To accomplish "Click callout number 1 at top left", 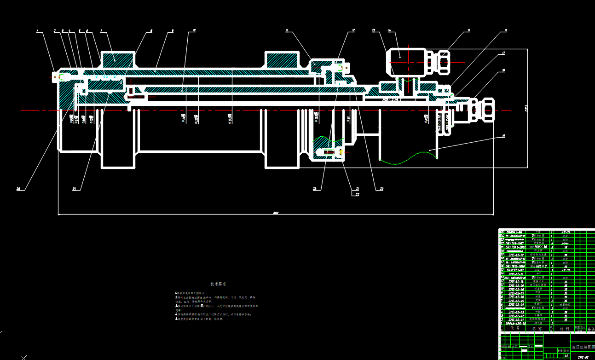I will click(x=38, y=31).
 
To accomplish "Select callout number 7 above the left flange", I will click(x=101, y=31).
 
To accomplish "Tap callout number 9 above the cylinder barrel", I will click(x=172, y=31).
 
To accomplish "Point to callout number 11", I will click(x=287, y=31).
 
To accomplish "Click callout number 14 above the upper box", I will click(x=389, y=31).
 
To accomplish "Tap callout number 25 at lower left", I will click(x=19, y=188).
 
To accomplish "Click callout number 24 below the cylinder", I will click(x=74, y=188).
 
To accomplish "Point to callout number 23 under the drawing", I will click(x=315, y=188).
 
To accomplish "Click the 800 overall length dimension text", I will click(x=276, y=213).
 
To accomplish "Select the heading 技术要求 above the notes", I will click(x=219, y=285).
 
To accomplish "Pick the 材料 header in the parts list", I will click(x=561, y=329).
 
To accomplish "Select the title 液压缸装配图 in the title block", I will click(x=583, y=346).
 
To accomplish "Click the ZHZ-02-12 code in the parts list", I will click(x=515, y=255).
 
